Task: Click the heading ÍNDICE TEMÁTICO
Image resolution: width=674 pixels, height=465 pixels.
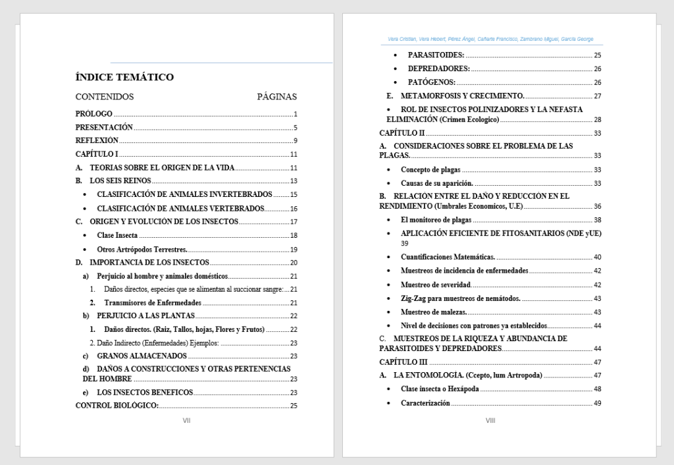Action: (124, 77)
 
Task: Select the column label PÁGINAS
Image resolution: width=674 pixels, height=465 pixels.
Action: (276, 97)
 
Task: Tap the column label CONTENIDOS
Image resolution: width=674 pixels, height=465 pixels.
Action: (105, 97)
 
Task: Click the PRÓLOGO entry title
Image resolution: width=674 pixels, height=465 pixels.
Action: (94, 114)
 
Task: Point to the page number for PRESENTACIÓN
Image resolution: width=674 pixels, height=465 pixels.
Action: (296, 128)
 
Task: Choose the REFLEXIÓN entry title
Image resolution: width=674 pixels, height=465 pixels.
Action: (97, 141)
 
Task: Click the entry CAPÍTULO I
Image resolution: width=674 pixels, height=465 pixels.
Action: (97, 155)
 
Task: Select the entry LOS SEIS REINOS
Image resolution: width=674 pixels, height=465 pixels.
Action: (120, 181)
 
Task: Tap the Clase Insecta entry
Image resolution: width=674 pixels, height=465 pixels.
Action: (117, 236)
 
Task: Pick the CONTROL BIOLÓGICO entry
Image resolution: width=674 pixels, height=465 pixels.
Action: (117, 406)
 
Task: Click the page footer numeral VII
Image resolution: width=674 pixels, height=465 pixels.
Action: (186, 420)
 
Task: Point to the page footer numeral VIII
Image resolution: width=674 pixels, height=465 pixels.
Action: (490, 420)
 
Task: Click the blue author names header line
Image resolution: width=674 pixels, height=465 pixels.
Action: (490, 39)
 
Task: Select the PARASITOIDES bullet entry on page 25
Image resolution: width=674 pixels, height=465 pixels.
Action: (436, 55)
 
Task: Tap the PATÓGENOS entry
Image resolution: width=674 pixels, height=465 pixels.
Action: (431, 82)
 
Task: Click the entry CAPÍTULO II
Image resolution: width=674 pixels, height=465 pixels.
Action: (402, 133)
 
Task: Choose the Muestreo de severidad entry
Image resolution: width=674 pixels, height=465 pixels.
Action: (436, 285)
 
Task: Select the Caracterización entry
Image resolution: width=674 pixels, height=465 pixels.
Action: (425, 403)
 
